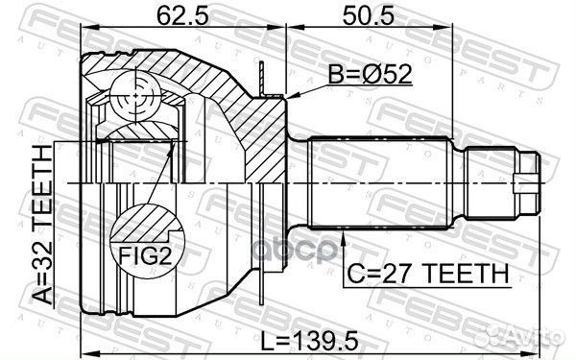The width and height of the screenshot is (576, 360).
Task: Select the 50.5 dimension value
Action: [x=362, y=17]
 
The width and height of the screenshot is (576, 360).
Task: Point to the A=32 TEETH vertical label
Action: [x=43, y=225]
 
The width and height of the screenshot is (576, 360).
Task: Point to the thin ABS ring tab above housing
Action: [x=260, y=77]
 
